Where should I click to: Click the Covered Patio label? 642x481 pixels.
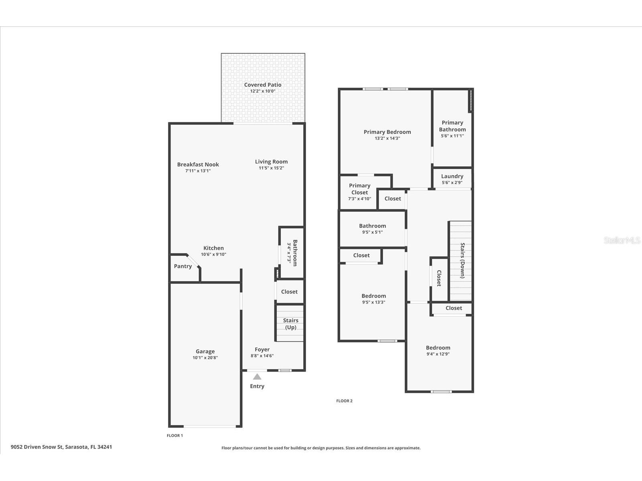tap(263, 85)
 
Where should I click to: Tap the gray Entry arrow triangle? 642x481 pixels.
tap(257, 376)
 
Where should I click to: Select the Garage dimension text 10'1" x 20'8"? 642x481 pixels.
tap(205, 358)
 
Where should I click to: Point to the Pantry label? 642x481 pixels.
tap(183, 266)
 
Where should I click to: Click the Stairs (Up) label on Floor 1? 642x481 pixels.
tap(291, 323)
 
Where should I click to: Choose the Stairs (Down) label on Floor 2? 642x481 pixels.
tap(462, 260)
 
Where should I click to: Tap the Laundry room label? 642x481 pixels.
tap(452, 176)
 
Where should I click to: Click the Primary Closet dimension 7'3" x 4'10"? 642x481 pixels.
tap(360, 198)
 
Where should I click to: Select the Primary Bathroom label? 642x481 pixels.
tap(452, 126)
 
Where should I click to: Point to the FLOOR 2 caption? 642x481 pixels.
tap(344, 401)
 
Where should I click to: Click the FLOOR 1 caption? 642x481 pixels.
tap(175, 435)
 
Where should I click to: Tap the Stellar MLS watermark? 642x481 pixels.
tap(622, 240)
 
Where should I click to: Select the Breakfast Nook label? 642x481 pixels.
tap(198, 164)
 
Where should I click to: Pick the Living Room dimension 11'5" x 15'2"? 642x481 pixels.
tap(271, 168)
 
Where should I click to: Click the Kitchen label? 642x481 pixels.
tap(213, 248)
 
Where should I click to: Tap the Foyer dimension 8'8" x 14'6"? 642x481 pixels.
tap(262, 356)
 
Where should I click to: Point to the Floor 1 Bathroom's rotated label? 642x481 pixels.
tap(295, 253)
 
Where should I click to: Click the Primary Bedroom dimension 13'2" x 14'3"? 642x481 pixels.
tap(387, 138)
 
